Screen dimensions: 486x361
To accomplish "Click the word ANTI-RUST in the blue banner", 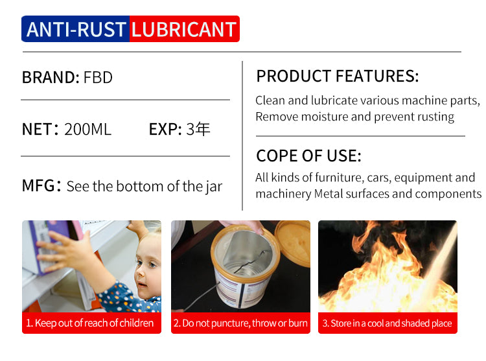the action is click(x=76, y=29).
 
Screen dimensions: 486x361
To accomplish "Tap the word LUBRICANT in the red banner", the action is click(x=184, y=29).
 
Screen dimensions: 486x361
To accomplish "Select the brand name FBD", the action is click(x=98, y=77).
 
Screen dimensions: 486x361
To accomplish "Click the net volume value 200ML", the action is click(x=87, y=129).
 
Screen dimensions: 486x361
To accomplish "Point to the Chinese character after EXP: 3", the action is click(x=203, y=129).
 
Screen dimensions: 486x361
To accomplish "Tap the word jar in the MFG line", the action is click(x=214, y=187).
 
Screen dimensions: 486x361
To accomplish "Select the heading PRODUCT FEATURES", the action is click(x=338, y=76).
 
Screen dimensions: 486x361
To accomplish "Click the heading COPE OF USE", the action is click(x=308, y=156).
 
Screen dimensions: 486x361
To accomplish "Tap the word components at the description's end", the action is click(x=448, y=194).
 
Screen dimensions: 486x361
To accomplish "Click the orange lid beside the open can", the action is click(x=293, y=243).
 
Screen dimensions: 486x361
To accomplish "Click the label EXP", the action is click(x=165, y=129).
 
